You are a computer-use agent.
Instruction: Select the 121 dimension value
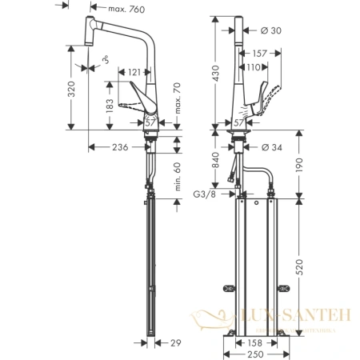click(135, 71)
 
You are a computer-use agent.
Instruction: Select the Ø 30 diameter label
click(277, 30)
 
